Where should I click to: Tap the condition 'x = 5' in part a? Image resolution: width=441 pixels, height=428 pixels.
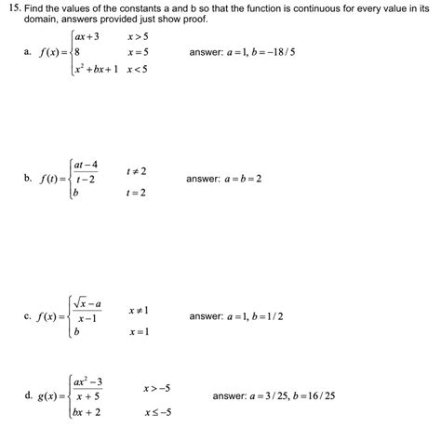point(136,53)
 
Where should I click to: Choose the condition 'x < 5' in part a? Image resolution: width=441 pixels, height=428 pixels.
point(136,71)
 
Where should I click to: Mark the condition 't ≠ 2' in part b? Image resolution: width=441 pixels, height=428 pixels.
point(136,171)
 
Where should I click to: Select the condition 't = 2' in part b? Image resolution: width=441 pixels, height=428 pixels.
point(136,193)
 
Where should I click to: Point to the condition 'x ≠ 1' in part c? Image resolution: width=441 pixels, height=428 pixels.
point(139,309)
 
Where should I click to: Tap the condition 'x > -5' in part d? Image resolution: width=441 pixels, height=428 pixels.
point(155,387)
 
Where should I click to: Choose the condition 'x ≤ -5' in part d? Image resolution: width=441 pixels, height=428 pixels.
point(155,411)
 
